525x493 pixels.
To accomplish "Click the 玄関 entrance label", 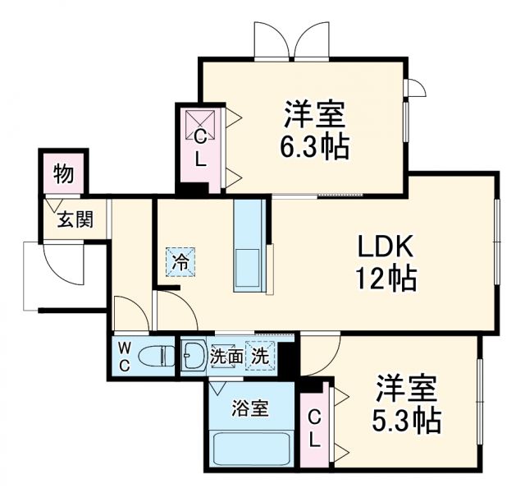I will [74, 219].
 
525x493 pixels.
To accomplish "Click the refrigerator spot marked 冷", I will [179, 263].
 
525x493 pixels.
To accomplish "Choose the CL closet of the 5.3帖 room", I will [315, 427].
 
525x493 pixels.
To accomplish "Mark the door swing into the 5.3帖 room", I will [322, 352].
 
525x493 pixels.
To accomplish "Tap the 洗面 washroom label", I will [225, 357].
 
